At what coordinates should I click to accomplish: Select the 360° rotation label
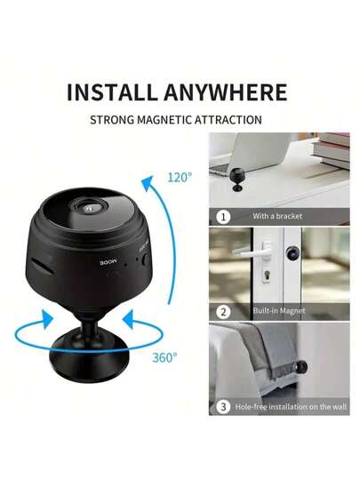point(164,356)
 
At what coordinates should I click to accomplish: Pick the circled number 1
point(223,216)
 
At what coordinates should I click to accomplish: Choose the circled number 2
point(223,311)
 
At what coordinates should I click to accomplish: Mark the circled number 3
point(223,406)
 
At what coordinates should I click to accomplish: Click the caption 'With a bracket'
point(277,216)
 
